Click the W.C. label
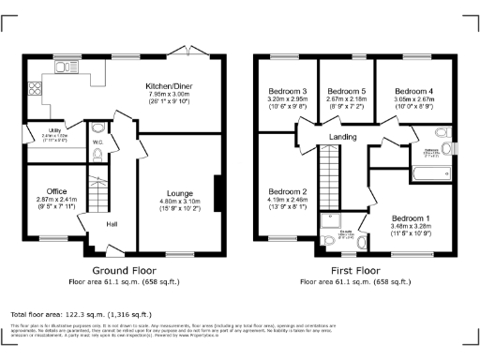click(97, 142)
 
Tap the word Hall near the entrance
click(112, 225)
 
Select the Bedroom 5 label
click(345, 90)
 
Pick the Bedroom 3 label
click(289, 90)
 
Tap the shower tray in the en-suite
click(332, 221)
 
